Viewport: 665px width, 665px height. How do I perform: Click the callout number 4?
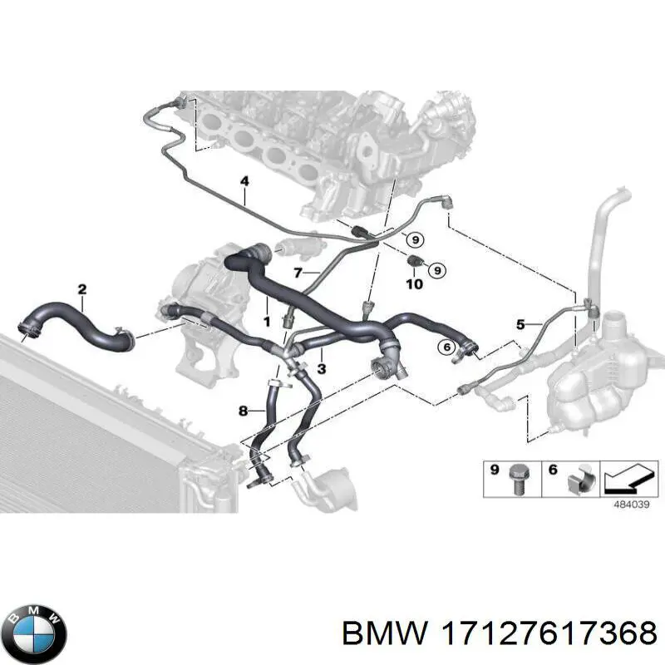[244, 181]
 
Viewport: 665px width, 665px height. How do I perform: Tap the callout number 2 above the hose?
[82, 289]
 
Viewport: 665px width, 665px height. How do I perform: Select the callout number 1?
[266, 322]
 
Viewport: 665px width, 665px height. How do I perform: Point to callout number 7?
[298, 273]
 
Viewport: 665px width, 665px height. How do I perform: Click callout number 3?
[322, 368]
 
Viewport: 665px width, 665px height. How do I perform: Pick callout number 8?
[243, 411]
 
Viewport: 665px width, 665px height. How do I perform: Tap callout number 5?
[521, 325]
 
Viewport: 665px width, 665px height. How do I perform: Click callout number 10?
[414, 283]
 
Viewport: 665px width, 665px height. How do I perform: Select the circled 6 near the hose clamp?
[446, 347]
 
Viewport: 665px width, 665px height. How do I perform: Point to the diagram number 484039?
[632, 505]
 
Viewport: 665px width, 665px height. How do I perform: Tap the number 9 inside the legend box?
[494, 470]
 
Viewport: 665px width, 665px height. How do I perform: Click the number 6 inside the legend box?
[553, 470]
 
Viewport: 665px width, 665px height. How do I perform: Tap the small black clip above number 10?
[415, 261]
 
